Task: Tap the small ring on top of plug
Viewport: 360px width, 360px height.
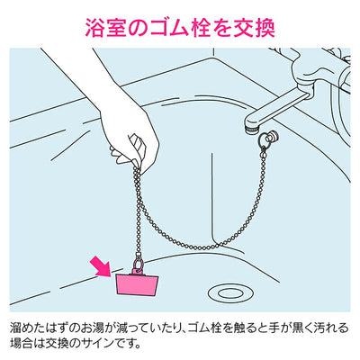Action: pyautogui.click(x=139, y=265)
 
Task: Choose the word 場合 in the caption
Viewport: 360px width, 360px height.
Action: pyautogui.click(x=22, y=343)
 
